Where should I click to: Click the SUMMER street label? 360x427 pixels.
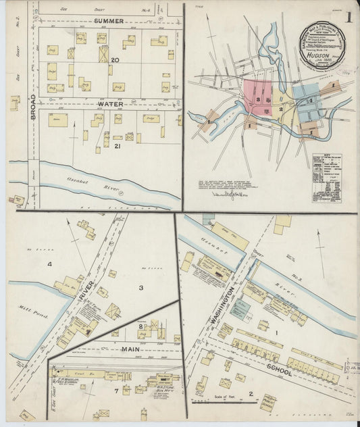(109, 21)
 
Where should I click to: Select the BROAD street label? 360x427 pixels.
(32, 106)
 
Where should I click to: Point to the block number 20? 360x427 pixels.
(115, 60)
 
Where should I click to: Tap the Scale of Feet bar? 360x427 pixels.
(223, 401)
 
